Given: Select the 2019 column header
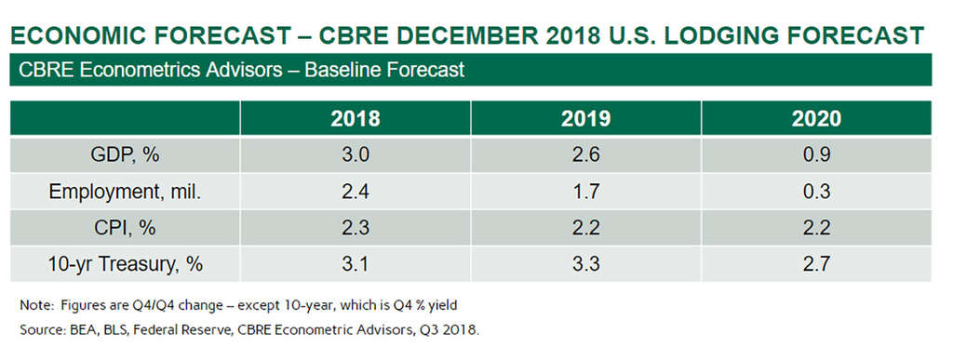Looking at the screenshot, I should point(586,119).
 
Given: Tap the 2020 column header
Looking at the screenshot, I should point(817,119).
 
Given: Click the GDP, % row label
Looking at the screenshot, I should point(125,155).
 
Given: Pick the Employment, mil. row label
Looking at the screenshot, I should point(125,192).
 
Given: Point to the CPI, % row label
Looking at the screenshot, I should point(125,228).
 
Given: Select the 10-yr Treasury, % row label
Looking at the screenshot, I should point(125,264).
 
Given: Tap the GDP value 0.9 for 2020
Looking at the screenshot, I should point(817,155).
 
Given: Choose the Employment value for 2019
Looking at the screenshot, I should point(586,192).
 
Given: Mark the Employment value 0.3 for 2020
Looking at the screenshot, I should point(817,192).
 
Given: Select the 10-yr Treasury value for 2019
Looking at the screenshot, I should point(586,264).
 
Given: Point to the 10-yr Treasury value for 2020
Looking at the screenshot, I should point(817,264).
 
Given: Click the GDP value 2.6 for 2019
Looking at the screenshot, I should point(586,155).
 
